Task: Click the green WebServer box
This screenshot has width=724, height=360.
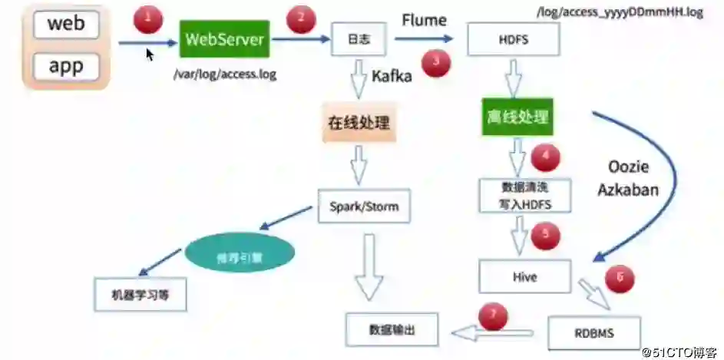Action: click(225, 39)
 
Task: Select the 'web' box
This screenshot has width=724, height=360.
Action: click(66, 23)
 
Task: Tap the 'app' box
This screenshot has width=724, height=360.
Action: click(66, 66)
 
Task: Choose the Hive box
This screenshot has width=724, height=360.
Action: click(524, 276)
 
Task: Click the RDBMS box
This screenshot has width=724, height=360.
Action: click(593, 332)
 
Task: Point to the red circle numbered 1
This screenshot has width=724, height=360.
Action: click(148, 18)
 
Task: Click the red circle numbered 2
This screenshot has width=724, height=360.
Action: click(301, 18)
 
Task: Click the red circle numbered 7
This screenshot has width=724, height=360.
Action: click(494, 315)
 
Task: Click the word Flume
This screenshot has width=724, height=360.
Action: click(424, 18)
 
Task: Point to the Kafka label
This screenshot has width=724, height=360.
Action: click(392, 76)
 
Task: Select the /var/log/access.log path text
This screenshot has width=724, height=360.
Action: click(224, 74)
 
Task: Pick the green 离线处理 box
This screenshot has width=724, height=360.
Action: click(517, 117)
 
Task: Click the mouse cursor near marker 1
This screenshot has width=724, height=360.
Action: click(150, 54)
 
